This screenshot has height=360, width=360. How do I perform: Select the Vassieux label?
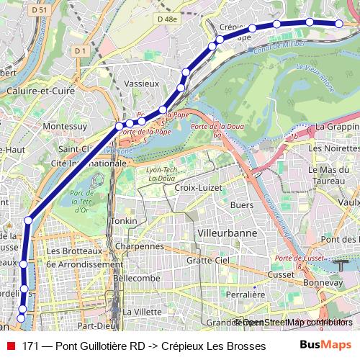point(141,84)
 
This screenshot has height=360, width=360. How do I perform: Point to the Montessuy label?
point(66,125)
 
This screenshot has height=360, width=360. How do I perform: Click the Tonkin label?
point(120,221)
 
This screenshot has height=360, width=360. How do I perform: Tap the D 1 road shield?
point(80,50)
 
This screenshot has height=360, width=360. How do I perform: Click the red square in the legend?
point(10,346)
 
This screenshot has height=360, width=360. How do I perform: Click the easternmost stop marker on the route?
point(338,23)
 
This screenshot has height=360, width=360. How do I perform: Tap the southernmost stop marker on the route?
point(21,317)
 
